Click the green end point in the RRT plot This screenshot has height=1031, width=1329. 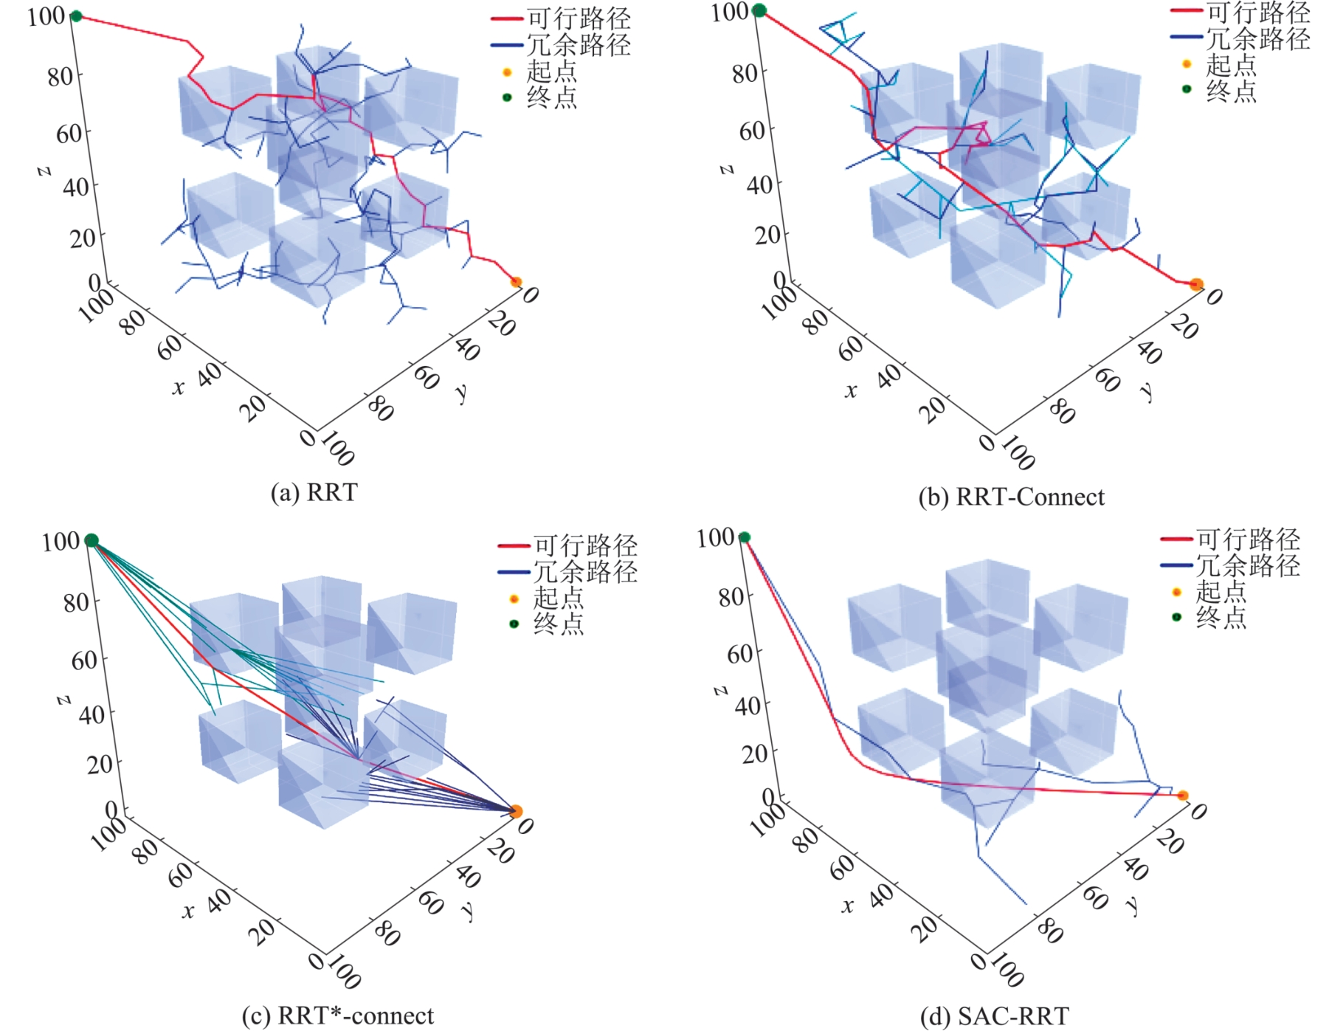[x=75, y=16]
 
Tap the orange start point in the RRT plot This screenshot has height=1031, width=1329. [x=516, y=282]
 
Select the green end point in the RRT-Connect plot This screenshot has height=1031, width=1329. [x=759, y=10]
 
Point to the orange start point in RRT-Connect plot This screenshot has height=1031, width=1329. [x=1196, y=285]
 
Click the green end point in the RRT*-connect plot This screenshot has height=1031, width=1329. [x=92, y=540]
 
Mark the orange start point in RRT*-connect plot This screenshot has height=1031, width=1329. [x=516, y=812]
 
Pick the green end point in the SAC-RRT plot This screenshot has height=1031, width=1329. [x=745, y=537]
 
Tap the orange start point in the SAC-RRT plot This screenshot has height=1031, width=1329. [x=1182, y=796]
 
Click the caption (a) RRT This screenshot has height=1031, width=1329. [x=314, y=492]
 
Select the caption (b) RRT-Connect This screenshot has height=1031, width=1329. [x=1011, y=497]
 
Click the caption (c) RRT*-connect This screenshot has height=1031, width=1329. [x=338, y=1016]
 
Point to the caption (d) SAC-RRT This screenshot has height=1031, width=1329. [x=994, y=1017]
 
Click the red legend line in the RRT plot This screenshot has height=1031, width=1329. [x=507, y=18]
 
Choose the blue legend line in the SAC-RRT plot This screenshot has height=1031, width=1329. [x=1176, y=566]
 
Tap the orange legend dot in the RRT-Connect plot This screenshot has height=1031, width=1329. [x=1187, y=64]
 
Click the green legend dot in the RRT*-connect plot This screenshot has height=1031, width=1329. [x=514, y=624]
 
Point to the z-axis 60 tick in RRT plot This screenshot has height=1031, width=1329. [x=69, y=134]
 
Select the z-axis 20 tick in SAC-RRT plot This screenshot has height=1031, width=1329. [x=755, y=754]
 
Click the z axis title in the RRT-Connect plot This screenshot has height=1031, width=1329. [x=726, y=169]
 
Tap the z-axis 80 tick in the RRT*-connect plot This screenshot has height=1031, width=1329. [x=77, y=602]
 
